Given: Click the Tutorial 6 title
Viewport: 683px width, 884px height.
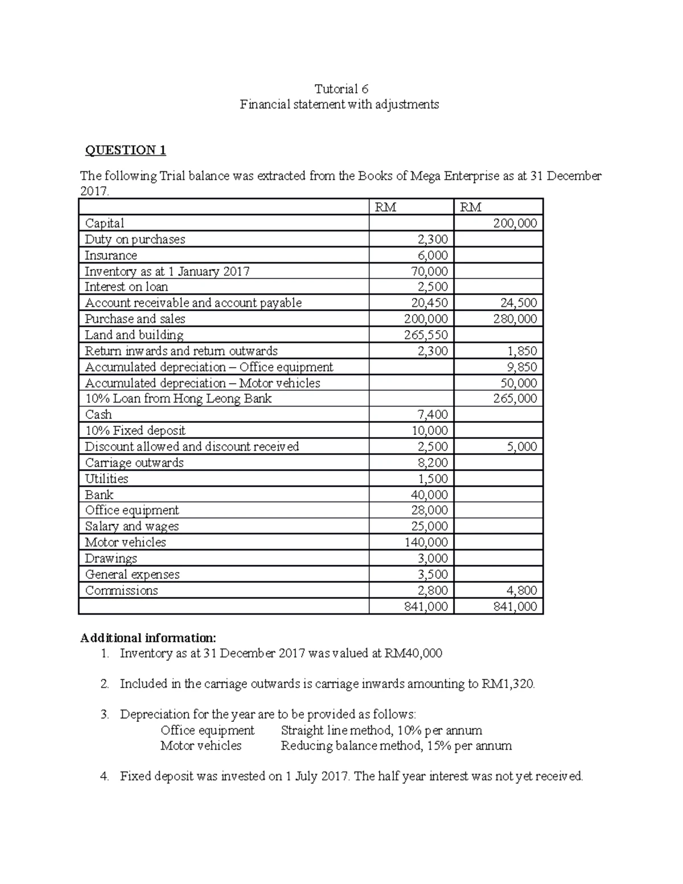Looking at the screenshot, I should click(341, 89).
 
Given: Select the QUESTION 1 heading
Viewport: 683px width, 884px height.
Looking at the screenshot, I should click(125, 150).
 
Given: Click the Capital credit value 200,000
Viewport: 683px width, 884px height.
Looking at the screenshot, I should click(515, 224).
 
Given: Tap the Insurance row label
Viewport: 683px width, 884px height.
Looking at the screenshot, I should click(111, 256).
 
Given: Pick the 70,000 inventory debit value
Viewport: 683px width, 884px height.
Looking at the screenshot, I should click(429, 272).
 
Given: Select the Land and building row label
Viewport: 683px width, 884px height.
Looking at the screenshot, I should click(134, 335).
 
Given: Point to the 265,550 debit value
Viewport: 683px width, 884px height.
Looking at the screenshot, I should click(426, 335).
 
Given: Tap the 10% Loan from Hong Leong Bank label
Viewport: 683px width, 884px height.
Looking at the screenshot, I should click(178, 399).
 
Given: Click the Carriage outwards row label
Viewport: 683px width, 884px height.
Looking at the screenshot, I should click(134, 463).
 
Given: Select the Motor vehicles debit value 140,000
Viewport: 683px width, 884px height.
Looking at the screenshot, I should click(426, 542).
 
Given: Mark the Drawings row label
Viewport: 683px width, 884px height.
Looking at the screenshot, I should click(111, 558).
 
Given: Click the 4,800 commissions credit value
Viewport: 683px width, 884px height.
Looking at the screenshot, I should click(521, 590).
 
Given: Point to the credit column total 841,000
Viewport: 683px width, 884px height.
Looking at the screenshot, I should click(515, 607).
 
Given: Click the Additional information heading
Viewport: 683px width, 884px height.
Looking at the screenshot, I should click(149, 638).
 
